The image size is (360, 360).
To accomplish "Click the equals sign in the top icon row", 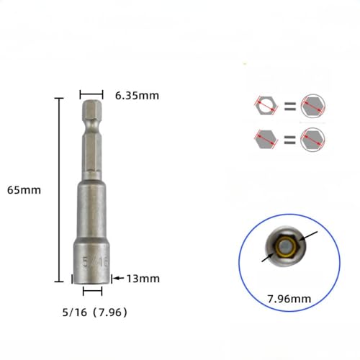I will [x=289, y=107].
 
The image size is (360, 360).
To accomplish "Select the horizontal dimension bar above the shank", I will [x=91, y=94].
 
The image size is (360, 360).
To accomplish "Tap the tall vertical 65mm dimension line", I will [x=58, y=190].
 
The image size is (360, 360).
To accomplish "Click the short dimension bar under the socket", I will [x=92, y=292].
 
